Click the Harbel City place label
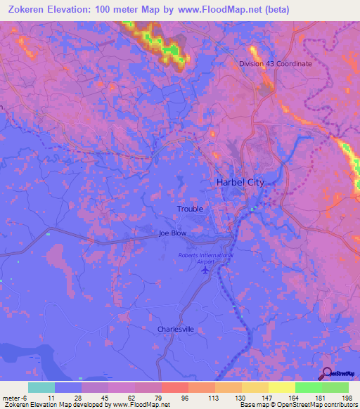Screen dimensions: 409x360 (x=240, y=182)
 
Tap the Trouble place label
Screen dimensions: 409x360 (x=190, y=209)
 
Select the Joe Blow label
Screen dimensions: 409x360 (x=172, y=233)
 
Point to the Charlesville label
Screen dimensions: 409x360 (x=175, y=329)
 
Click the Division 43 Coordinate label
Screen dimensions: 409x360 (x=275, y=63)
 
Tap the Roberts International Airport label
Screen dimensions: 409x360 (x=205, y=259)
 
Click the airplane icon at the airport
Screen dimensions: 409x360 (x=206, y=271)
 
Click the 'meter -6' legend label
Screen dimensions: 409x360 (x=15, y=397)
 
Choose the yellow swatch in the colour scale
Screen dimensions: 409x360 (x=282, y=387)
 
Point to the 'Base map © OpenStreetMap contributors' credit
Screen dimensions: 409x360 (x=297, y=405)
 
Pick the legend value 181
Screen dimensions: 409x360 (x=321, y=397)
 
